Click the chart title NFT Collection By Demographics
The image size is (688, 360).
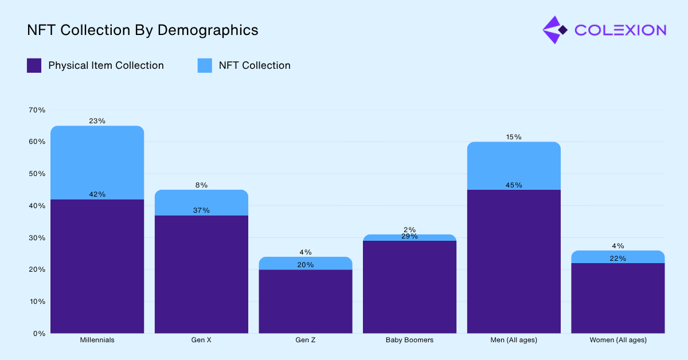[142, 30]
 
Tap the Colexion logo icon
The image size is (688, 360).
[554, 30]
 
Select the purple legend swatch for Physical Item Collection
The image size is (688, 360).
[34, 65]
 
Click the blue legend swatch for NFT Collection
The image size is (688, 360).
[205, 65]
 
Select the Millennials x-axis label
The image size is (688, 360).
[97, 340]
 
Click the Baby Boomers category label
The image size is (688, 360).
[409, 340]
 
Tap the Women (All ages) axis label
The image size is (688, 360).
[618, 340]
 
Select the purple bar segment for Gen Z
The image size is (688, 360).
[306, 301]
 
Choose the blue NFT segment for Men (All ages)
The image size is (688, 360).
[514, 166]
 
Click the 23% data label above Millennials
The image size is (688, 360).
[97, 121]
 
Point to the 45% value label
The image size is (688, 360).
[514, 185]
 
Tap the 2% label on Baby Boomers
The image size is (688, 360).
[409, 229]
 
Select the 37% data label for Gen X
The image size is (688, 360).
[201, 210]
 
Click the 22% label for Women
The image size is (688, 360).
[618, 259]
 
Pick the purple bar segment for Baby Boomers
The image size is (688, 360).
[409, 287]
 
